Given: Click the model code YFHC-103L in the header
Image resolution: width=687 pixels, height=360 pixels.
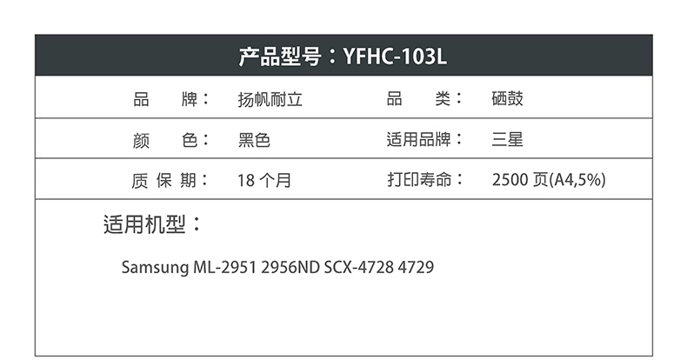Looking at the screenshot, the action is tap(395, 57).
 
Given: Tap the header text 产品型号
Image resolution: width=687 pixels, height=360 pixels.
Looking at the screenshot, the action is tap(280, 57).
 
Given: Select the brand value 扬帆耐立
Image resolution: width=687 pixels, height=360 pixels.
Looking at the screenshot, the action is tap(270, 99).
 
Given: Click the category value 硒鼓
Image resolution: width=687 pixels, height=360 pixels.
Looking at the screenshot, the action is tap(507, 98).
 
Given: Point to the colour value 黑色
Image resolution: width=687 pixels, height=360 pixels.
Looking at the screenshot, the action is tap(254, 140).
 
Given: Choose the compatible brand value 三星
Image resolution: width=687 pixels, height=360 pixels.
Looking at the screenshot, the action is tap(507, 140).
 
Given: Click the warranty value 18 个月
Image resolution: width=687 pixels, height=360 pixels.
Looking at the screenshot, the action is tap(264, 180).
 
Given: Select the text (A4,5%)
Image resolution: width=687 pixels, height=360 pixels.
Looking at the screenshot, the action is tap(577, 179).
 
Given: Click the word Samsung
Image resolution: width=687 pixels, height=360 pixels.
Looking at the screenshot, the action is tap(155, 268).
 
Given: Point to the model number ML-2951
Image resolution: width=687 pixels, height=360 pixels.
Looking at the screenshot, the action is tap(224, 267).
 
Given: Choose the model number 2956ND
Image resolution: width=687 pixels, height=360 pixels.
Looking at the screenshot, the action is tap(290, 267).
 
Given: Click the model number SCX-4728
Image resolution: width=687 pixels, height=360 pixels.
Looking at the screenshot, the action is tap(359, 267).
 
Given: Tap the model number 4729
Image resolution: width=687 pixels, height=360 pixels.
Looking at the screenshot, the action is tap(416, 267).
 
